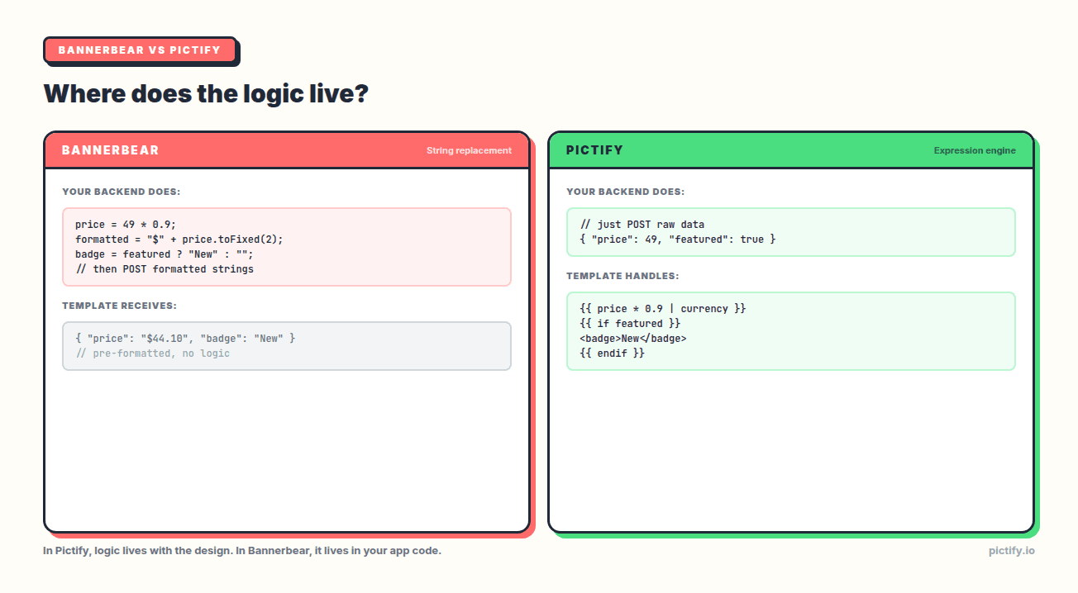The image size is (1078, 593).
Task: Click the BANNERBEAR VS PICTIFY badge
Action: [x=140, y=50]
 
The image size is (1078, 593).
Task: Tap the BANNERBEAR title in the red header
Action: [x=110, y=150]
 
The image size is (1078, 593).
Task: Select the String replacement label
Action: [x=469, y=150]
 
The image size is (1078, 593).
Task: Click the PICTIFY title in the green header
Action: [x=594, y=150]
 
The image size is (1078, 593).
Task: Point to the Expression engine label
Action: [x=975, y=150]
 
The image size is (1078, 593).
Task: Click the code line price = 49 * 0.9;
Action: [x=126, y=225]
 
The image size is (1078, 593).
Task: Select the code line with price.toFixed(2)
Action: [x=179, y=240]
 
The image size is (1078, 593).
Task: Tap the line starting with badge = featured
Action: [x=165, y=254]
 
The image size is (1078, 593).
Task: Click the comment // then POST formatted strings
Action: [x=165, y=269]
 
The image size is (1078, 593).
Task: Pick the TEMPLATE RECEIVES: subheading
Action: [x=119, y=306]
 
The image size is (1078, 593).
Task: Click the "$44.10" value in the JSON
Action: [x=166, y=339]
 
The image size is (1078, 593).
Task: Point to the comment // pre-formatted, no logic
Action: [x=152, y=353]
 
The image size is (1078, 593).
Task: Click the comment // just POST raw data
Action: [x=642, y=225]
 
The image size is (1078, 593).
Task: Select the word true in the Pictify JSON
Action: [x=751, y=240]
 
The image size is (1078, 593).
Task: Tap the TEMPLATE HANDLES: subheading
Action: [x=622, y=276]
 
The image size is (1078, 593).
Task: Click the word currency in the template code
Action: [x=704, y=309]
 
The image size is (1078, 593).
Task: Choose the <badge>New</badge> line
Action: [x=633, y=339]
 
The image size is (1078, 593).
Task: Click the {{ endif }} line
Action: [x=613, y=353]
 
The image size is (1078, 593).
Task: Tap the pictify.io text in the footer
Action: [x=1011, y=551]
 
